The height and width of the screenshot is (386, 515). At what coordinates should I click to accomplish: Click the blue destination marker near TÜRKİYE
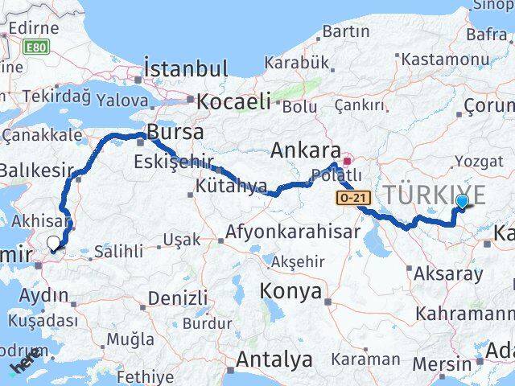tap(463, 203)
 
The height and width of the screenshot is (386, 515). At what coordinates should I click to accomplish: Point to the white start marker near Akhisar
tap(53, 242)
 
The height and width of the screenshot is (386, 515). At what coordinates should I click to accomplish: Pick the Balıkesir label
tap(37, 170)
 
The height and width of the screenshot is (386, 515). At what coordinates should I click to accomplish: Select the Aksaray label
tap(448, 273)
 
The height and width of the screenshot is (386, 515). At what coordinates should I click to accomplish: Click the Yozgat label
tap(479, 162)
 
